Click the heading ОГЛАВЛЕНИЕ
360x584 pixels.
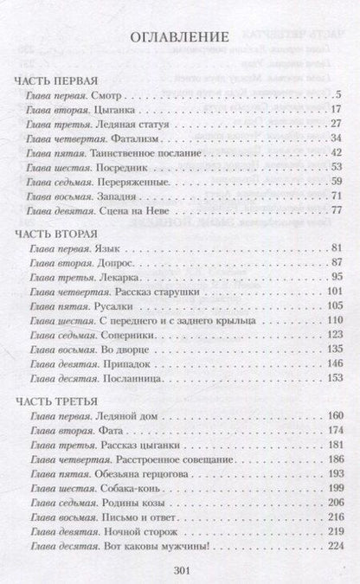[180, 37]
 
